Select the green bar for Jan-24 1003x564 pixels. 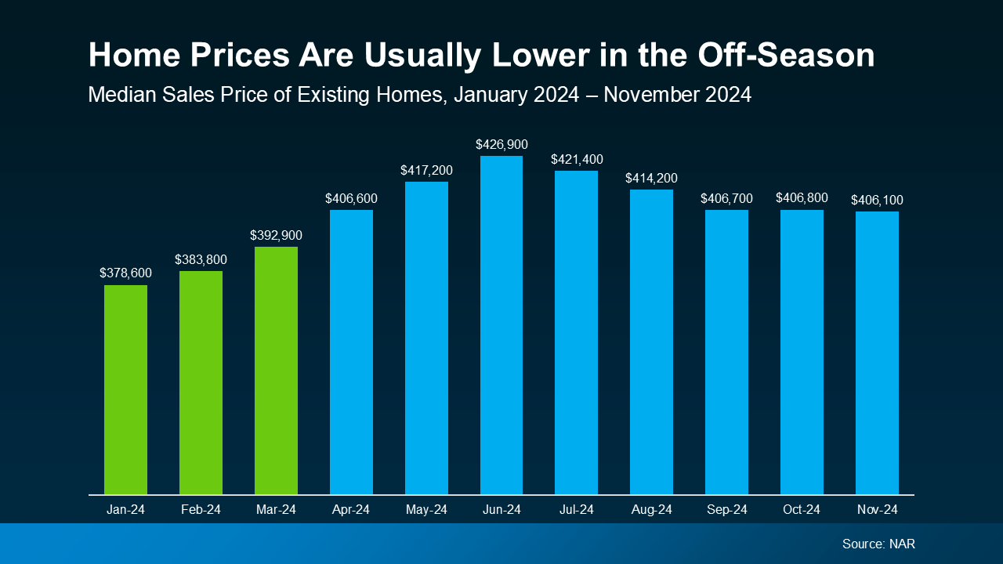[125, 389]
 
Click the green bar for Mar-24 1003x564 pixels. [276, 371]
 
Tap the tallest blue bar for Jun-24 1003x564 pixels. [501, 325]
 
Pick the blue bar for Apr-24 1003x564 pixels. [351, 352]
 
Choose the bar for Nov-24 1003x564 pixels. [877, 352]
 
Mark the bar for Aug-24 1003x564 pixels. [651, 342]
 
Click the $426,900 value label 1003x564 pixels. [501, 144]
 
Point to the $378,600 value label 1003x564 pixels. [125, 273]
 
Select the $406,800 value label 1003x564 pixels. [802, 198]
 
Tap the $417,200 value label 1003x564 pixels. [426, 170]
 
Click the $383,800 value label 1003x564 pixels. [201, 259]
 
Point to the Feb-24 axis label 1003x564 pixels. [201, 510]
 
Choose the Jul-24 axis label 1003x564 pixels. [576, 510]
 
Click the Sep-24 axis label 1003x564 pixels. [726, 510]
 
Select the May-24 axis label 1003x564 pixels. [426, 510]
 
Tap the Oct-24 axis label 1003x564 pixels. [802, 510]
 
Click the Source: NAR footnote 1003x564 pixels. [878, 544]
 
